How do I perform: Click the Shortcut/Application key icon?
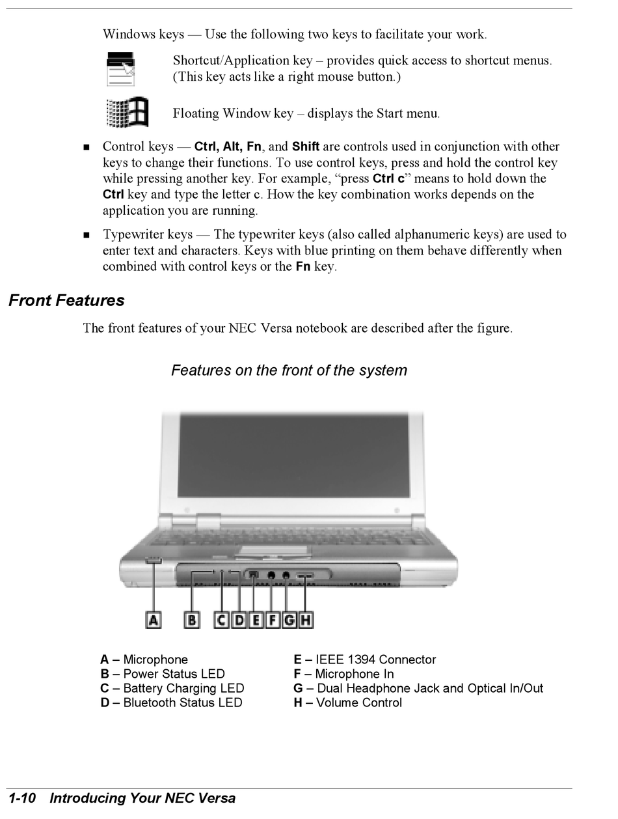(x=121, y=69)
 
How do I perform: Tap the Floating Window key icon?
(x=128, y=113)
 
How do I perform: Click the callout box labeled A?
(x=154, y=620)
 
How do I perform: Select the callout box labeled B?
(x=192, y=620)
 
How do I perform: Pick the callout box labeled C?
(x=222, y=620)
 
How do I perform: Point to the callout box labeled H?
(x=305, y=620)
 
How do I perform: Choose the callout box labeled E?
(x=256, y=620)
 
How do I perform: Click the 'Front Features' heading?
(x=66, y=301)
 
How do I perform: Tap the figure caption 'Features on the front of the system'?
(x=289, y=370)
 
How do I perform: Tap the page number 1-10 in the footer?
(x=21, y=798)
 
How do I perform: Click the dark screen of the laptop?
(x=293, y=455)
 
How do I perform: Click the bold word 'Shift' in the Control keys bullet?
(x=306, y=146)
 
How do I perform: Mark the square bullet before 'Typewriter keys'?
(x=87, y=235)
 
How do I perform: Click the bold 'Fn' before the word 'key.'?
(x=302, y=267)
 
